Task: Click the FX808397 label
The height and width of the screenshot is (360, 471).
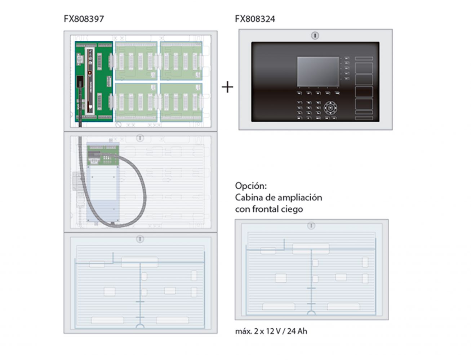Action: pos(84,19)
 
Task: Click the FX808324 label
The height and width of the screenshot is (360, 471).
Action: pos(255,19)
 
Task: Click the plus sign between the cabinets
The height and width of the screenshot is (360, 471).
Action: pos(227,87)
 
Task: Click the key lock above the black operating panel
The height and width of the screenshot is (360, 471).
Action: pos(315,36)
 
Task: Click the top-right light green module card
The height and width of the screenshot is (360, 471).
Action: pos(181,61)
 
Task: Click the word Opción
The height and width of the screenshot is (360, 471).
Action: pos(251,186)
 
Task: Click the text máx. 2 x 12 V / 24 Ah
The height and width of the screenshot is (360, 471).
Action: pos(271,331)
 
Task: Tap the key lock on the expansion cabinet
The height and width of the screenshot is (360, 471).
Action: pos(311,226)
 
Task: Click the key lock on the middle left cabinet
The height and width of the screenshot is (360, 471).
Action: pos(140,138)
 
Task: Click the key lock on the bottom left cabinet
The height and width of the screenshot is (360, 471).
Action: pos(140,239)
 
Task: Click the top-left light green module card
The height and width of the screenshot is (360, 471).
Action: pos(136,61)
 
